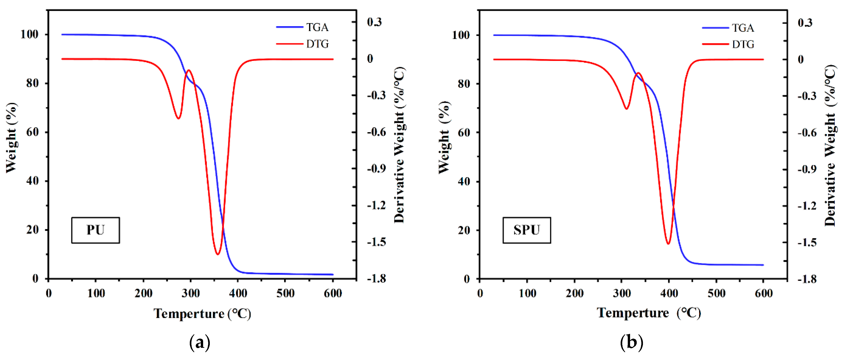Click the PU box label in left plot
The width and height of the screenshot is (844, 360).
(x=95, y=230)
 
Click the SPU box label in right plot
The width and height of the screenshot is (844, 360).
(x=527, y=230)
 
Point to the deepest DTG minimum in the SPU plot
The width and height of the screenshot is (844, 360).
(x=668, y=244)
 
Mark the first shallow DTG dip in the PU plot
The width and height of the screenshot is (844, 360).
(x=178, y=118)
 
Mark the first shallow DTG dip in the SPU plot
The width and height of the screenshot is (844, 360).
(x=626, y=109)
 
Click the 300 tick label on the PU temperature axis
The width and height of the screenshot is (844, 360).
(x=191, y=293)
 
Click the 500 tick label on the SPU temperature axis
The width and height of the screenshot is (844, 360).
(x=716, y=293)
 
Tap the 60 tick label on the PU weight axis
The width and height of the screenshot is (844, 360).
(x=32, y=132)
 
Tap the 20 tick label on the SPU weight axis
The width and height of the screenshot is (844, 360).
(x=464, y=230)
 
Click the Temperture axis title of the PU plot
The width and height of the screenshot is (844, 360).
(x=202, y=314)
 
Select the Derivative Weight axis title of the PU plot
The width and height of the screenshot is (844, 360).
(x=399, y=145)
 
